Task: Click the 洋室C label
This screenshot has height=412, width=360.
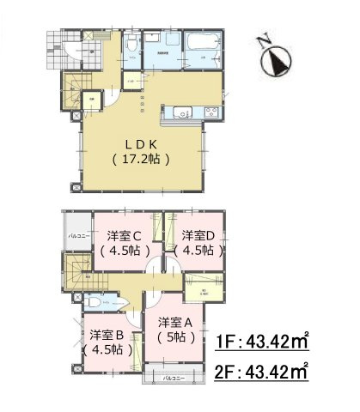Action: pos(126,234)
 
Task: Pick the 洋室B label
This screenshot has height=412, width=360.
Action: pos(107,335)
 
